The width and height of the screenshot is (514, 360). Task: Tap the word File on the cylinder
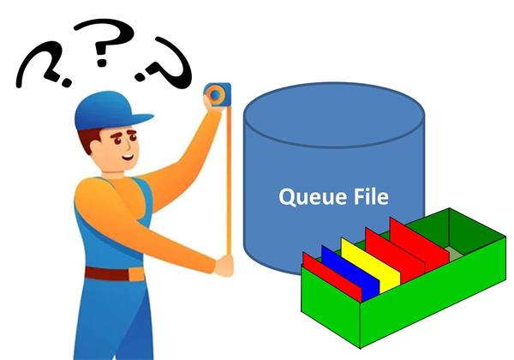(x=371, y=196)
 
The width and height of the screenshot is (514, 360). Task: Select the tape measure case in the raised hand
(x=218, y=95)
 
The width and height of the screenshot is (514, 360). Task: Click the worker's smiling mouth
(x=128, y=157)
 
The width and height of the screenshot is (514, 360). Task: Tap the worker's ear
(x=95, y=145)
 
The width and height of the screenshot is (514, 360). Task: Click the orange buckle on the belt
(x=136, y=274)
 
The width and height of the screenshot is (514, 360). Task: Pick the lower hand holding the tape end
(x=224, y=266)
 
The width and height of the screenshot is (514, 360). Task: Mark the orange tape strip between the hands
(x=229, y=180)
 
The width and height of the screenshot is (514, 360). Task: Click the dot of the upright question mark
(x=102, y=62)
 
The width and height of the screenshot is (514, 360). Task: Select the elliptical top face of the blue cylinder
(x=334, y=115)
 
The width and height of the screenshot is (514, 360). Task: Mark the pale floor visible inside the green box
(x=457, y=254)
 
